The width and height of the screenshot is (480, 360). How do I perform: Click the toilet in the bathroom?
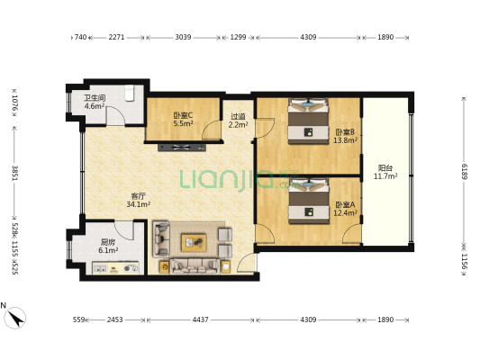130,94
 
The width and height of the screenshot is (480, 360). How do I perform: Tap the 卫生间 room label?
95,98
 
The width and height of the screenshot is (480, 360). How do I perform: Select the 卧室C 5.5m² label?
183,120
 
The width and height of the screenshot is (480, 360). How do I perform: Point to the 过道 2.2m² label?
238,121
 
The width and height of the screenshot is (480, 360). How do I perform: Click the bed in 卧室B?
308,121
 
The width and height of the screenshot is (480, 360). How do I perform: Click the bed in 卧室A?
309,201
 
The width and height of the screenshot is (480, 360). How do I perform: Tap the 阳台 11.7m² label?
385,172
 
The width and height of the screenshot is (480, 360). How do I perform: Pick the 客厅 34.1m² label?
139,200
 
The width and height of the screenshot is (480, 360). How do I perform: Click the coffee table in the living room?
194,243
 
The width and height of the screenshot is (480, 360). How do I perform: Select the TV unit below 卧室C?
182,148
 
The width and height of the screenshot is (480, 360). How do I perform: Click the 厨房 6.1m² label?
108,247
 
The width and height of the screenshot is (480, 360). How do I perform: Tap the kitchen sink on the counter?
100,269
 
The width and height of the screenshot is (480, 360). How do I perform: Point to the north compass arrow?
15,318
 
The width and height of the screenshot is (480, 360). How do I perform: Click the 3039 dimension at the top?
183,37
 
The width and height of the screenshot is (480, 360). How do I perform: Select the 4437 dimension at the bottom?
200,319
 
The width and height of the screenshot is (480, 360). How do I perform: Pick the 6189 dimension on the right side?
465,172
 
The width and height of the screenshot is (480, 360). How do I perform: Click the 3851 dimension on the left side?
14,173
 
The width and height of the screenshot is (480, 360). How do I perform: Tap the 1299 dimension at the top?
238,37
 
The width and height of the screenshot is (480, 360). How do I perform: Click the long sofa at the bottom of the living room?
195,266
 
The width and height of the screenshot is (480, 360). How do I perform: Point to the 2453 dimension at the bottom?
114,319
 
